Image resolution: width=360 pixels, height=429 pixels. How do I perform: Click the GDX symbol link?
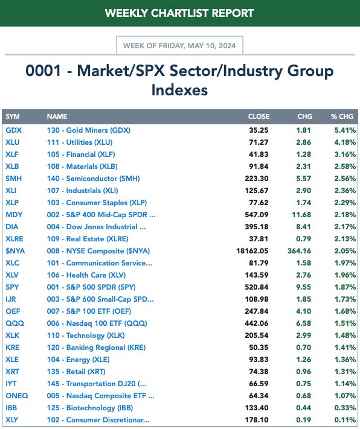[13, 130]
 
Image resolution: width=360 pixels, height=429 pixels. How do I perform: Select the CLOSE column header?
[259, 116]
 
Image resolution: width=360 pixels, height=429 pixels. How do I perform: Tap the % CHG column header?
[342, 116]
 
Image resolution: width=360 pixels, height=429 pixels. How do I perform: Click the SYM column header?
[13, 116]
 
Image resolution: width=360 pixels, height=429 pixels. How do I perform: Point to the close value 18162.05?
[252, 251]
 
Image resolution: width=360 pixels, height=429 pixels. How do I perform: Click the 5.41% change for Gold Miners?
[345, 130]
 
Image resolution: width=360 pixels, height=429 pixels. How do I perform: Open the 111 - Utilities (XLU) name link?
[80, 142]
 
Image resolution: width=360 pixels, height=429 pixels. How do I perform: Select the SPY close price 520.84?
[257, 287]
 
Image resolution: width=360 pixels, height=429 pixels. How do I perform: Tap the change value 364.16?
[299, 251]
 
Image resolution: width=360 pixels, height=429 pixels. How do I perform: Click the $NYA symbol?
[15, 251]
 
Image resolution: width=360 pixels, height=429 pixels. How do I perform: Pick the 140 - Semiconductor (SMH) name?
[93, 179]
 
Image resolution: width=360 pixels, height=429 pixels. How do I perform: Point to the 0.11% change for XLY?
[345, 420]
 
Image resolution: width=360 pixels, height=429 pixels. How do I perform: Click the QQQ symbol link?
[14, 323]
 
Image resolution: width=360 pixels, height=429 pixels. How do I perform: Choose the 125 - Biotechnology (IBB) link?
[90, 408]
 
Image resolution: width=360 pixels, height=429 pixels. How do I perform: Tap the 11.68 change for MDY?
[301, 215]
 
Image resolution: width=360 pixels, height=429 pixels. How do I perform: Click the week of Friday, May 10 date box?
[179, 45]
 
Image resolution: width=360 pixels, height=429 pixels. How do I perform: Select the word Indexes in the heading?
[179, 91]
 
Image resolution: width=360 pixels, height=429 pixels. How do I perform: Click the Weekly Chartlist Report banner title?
[179, 13]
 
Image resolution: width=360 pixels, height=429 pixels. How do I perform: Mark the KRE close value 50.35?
[259, 348]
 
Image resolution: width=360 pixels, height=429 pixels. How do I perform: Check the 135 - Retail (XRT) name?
[76, 372]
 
